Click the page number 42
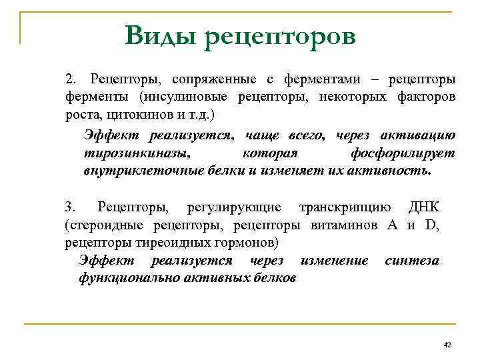coord(447,344)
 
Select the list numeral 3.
coord(70,207)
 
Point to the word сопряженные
coord(215,80)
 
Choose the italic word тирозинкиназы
coord(136,153)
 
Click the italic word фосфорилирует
coord(403,153)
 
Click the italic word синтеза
coord(412,260)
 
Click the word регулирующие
coord(234,207)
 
